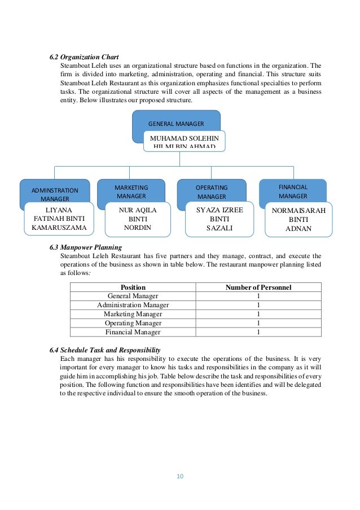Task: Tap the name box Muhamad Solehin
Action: coord(184,141)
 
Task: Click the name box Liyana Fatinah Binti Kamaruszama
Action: coord(59,219)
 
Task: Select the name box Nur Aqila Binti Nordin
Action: coord(138,219)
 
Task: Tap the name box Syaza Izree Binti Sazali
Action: coord(219,219)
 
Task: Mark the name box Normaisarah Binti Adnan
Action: coord(298,220)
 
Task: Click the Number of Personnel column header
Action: coord(258,287)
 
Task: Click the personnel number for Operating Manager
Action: coord(258,323)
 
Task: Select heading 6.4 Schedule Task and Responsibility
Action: coord(105,350)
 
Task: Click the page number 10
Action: coord(180,476)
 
